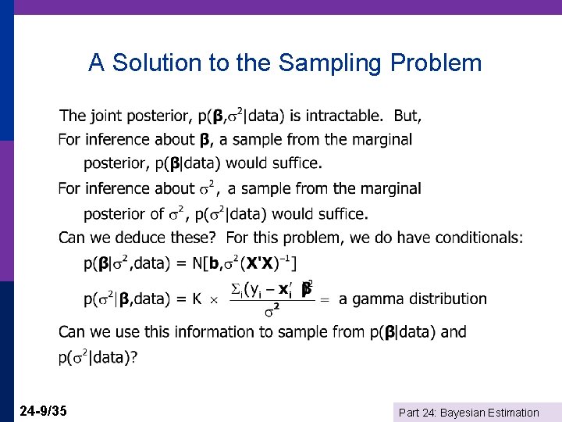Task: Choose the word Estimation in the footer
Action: pyautogui.click(x=511, y=413)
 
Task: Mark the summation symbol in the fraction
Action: pyautogui.click(x=237, y=289)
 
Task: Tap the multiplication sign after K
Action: pyautogui.click(x=213, y=299)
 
